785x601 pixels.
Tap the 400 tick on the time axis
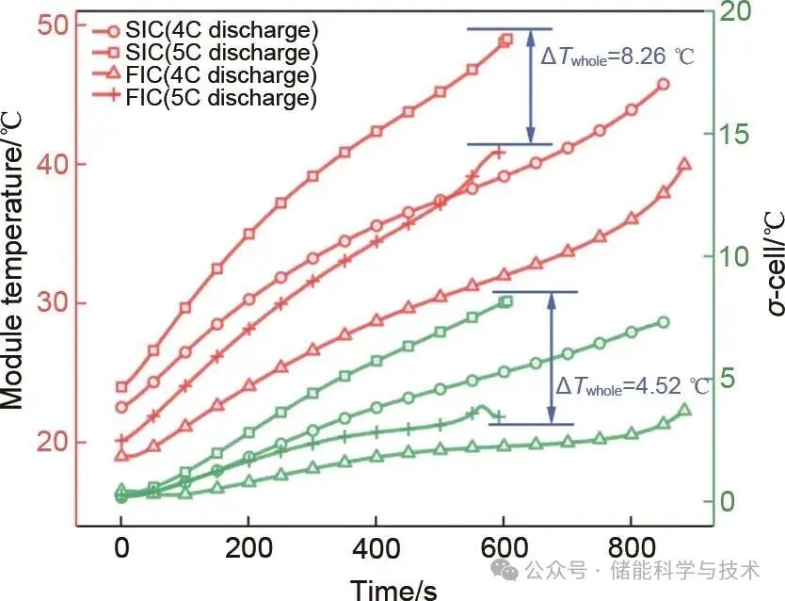(376, 549)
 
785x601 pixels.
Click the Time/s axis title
(393, 588)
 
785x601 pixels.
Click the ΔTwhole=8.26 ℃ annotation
(617, 56)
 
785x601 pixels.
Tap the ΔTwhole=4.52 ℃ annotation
(633, 387)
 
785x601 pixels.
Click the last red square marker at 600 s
(506, 40)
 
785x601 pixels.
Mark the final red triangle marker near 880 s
(684, 164)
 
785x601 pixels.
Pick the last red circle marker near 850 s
(664, 84)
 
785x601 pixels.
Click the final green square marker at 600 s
(506, 301)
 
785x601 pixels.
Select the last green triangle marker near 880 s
(684, 410)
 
